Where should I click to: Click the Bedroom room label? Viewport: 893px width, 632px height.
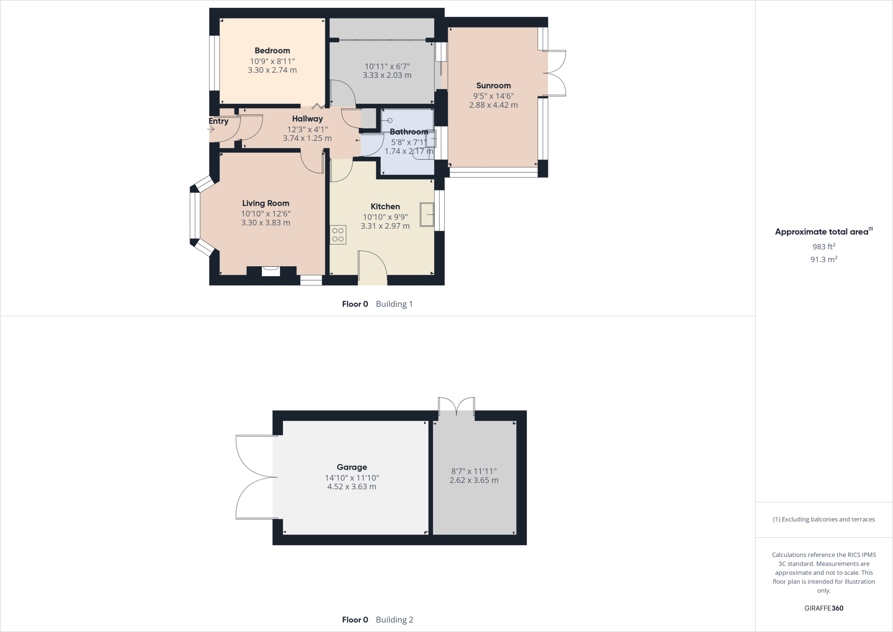(272, 51)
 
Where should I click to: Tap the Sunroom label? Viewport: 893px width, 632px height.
(493, 86)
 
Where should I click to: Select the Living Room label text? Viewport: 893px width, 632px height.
(266, 203)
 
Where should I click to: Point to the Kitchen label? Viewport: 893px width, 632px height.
(385, 206)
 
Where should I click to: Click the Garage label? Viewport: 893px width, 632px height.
(351, 467)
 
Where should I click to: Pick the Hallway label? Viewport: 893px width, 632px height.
(307, 119)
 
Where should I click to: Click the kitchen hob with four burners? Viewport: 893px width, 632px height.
(338, 234)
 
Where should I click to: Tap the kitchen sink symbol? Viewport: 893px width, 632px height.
(427, 215)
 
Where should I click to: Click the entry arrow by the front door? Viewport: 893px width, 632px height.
(211, 129)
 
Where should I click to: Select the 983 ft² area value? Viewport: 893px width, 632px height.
(824, 246)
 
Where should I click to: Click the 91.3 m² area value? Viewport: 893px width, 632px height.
(824, 259)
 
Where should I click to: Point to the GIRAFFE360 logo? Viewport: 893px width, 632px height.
(824, 608)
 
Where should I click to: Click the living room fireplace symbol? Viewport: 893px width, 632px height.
(271, 271)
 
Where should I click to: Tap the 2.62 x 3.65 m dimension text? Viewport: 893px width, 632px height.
(474, 480)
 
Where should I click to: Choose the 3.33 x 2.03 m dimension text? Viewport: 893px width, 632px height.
(387, 75)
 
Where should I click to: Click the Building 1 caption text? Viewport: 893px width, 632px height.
(394, 304)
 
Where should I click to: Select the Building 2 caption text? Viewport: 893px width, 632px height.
(394, 619)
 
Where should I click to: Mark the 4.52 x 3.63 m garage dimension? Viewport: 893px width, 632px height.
(351, 487)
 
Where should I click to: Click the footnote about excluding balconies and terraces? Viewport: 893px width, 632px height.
(824, 519)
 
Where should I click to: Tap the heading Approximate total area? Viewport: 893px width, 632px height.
(821, 232)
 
